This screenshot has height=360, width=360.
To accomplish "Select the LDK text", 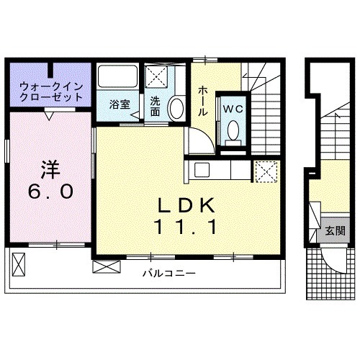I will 186,207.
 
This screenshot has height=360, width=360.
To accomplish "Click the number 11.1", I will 186,228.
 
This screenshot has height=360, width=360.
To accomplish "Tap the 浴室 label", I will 120,104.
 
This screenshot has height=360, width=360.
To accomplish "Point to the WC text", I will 233,109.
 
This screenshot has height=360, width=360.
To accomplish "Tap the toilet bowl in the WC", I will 233,130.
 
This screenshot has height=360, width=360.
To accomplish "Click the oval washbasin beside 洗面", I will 174,109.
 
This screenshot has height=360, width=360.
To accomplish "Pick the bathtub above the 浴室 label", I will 119,78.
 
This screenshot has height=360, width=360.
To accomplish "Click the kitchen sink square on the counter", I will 201,170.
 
